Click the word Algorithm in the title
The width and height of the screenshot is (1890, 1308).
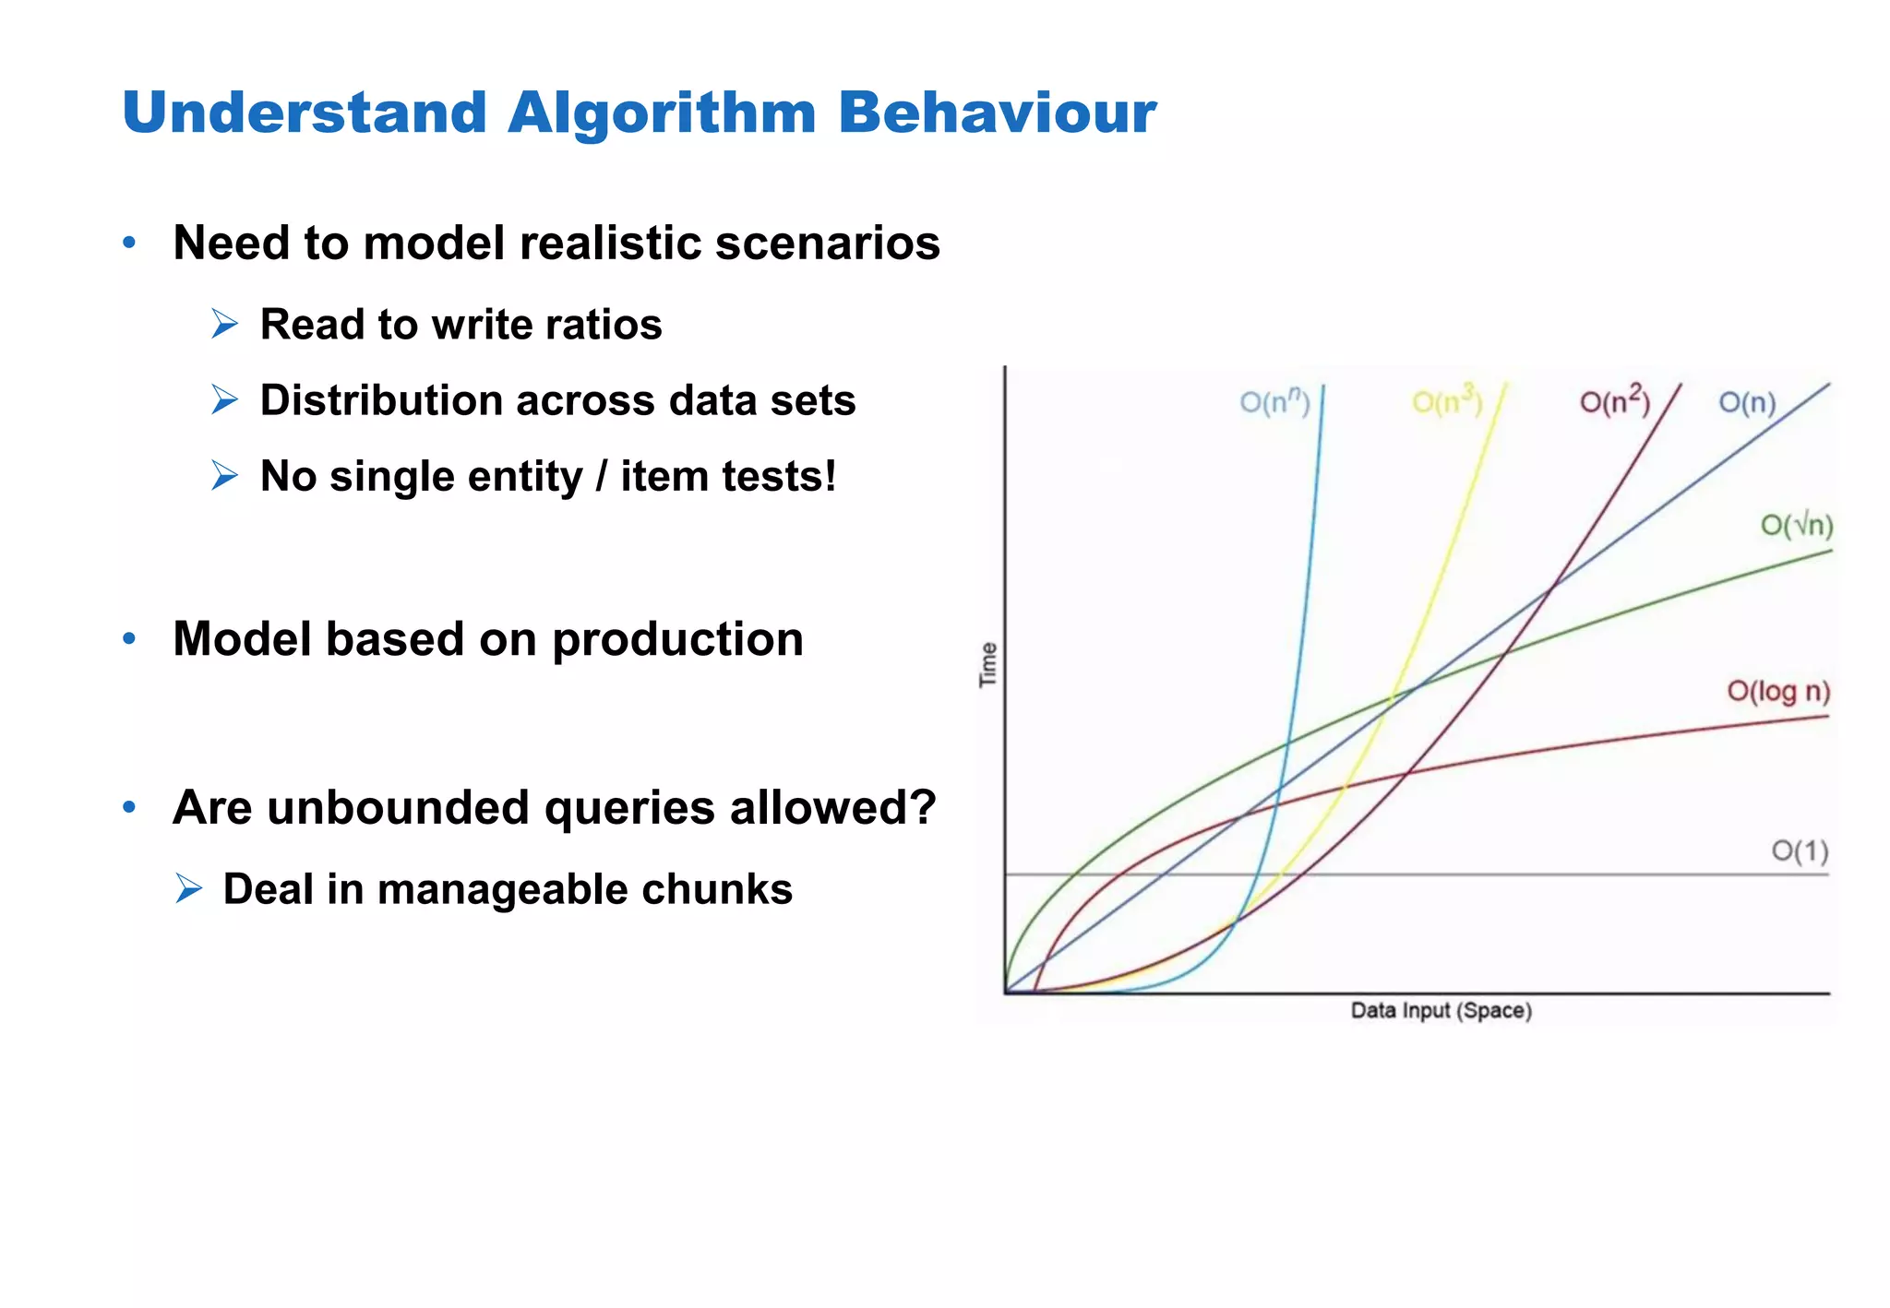point(662,113)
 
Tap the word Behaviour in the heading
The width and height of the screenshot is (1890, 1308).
point(997,113)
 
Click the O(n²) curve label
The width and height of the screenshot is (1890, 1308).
point(1614,401)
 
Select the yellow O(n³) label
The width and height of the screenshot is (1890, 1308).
point(1447,401)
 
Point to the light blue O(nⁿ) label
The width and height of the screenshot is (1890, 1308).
point(1274,401)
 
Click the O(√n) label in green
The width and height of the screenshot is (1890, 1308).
point(1796,525)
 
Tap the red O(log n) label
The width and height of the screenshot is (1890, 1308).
point(1777,691)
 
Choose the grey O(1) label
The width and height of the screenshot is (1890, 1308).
point(1800,850)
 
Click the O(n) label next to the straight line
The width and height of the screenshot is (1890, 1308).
point(1747,403)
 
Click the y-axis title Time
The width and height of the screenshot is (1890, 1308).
point(988,664)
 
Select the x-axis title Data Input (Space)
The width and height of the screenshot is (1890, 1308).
point(1441,1011)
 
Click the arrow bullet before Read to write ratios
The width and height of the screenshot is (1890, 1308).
point(224,325)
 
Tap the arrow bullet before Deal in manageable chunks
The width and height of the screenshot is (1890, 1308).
point(188,889)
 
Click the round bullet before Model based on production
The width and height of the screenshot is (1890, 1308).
point(130,638)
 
